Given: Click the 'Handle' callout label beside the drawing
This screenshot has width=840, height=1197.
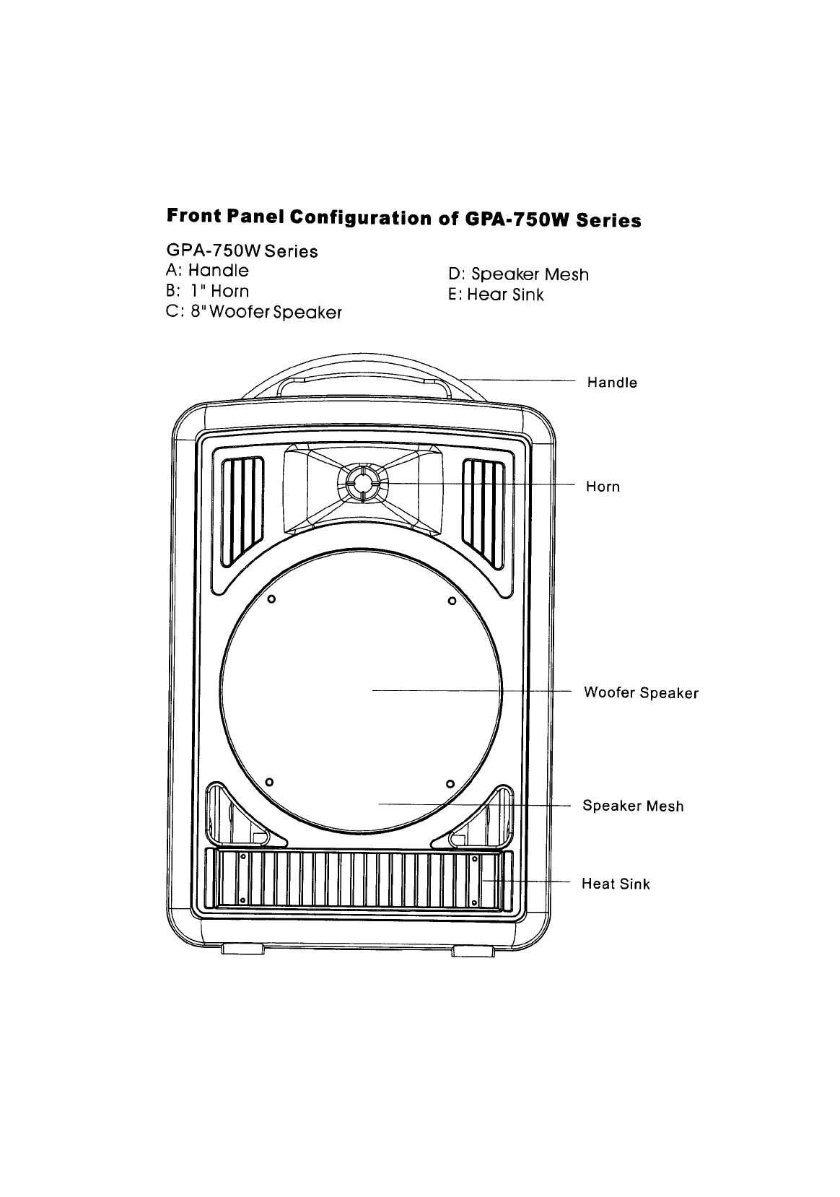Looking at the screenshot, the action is [612, 383].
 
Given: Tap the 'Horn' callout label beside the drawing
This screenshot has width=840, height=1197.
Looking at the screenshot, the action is [603, 487].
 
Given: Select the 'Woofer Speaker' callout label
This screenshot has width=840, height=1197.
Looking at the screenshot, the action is [641, 693].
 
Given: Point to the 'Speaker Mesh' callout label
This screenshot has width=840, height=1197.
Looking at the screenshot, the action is [633, 806].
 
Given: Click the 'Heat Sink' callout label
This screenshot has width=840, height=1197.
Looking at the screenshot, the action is [616, 884].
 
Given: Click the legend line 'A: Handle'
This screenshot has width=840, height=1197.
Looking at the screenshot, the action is [207, 271].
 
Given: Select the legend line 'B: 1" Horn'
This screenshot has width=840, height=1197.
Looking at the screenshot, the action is [207, 291].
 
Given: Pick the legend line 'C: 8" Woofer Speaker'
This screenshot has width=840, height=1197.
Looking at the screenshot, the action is [253, 313].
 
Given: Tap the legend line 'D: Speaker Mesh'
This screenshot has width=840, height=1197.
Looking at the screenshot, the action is [518, 274].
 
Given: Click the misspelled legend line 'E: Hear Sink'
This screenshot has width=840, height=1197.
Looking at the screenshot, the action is [496, 295].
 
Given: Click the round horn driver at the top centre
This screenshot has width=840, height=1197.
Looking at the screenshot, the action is [362, 482].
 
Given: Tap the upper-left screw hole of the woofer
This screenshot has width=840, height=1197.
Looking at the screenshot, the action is [271, 598].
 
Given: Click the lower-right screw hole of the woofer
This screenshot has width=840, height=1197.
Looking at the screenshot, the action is [449, 784].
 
